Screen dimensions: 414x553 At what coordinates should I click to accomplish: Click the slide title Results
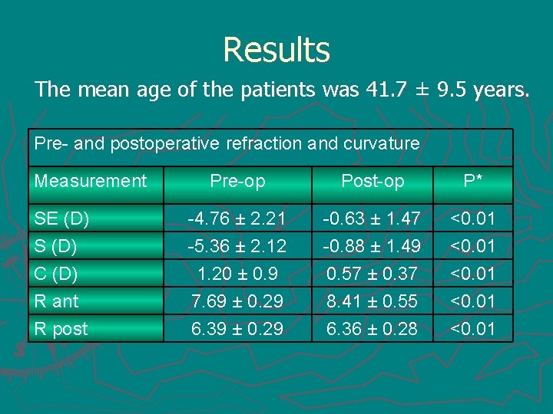point(276,51)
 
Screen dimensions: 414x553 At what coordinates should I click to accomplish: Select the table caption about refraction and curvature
point(227,143)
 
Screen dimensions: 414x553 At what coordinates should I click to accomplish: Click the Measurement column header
point(91,181)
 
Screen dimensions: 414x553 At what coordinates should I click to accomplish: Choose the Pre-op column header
point(237,181)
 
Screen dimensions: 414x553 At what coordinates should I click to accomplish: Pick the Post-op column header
point(373,181)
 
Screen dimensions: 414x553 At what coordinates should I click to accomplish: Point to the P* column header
point(472,181)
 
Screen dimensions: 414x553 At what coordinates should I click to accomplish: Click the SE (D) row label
point(61,219)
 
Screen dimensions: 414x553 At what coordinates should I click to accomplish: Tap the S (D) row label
point(56,247)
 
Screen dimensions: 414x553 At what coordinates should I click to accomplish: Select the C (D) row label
point(56,274)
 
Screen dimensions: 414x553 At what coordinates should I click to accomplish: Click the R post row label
point(61,329)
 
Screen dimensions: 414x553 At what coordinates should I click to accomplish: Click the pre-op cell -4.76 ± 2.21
point(237,219)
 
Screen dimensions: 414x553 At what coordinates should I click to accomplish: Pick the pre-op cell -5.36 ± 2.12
point(237,247)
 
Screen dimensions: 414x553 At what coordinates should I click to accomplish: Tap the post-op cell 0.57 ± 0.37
point(373,274)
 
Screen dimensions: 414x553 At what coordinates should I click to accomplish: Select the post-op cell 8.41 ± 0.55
point(373,301)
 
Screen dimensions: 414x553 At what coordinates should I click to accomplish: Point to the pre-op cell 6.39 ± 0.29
point(237,329)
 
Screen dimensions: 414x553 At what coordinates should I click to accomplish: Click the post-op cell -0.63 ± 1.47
point(373,219)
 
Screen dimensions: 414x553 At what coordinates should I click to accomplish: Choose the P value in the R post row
point(472,329)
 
